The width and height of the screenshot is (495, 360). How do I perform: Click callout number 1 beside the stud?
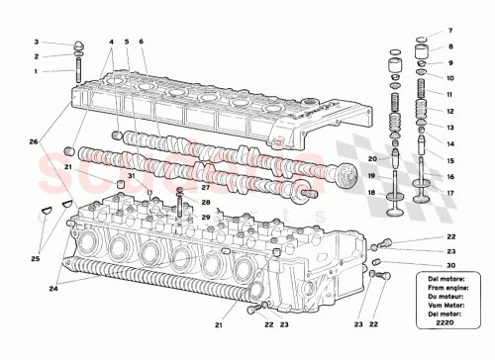click(x=36, y=71)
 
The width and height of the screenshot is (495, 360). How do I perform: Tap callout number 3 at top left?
click(x=36, y=43)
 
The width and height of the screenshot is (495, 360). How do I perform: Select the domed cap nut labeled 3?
click(x=78, y=45)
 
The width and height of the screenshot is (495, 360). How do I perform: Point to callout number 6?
click(x=142, y=43)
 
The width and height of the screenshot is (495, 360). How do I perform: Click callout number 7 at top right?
click(x=450, y=31)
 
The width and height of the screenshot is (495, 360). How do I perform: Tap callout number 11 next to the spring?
click(x=450, y=93)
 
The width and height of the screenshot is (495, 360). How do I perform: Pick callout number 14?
click(x=450, y=143)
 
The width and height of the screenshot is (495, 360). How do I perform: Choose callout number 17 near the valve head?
click(x=450, y=193)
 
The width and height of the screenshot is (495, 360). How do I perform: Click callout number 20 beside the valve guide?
click(x=372, y=159)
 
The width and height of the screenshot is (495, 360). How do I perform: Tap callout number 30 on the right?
click(x=450, y=266)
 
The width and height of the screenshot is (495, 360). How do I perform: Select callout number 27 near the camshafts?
click(x=206, y=187)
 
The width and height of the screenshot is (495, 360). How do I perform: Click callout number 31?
click(x=131, y=176)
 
